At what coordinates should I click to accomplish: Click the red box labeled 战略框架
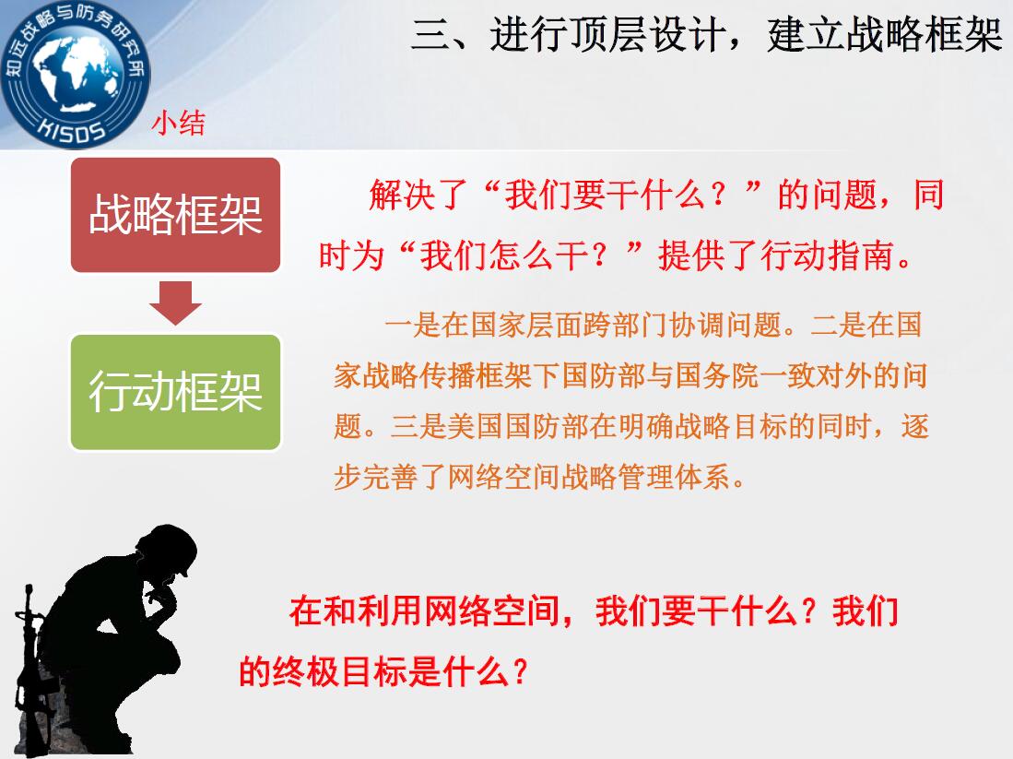point(176,215)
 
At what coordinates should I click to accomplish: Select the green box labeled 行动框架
point(176,392)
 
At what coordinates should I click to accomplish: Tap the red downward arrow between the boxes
point(176,302)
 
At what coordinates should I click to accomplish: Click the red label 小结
point(179,122)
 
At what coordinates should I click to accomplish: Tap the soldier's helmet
point(170,547)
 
